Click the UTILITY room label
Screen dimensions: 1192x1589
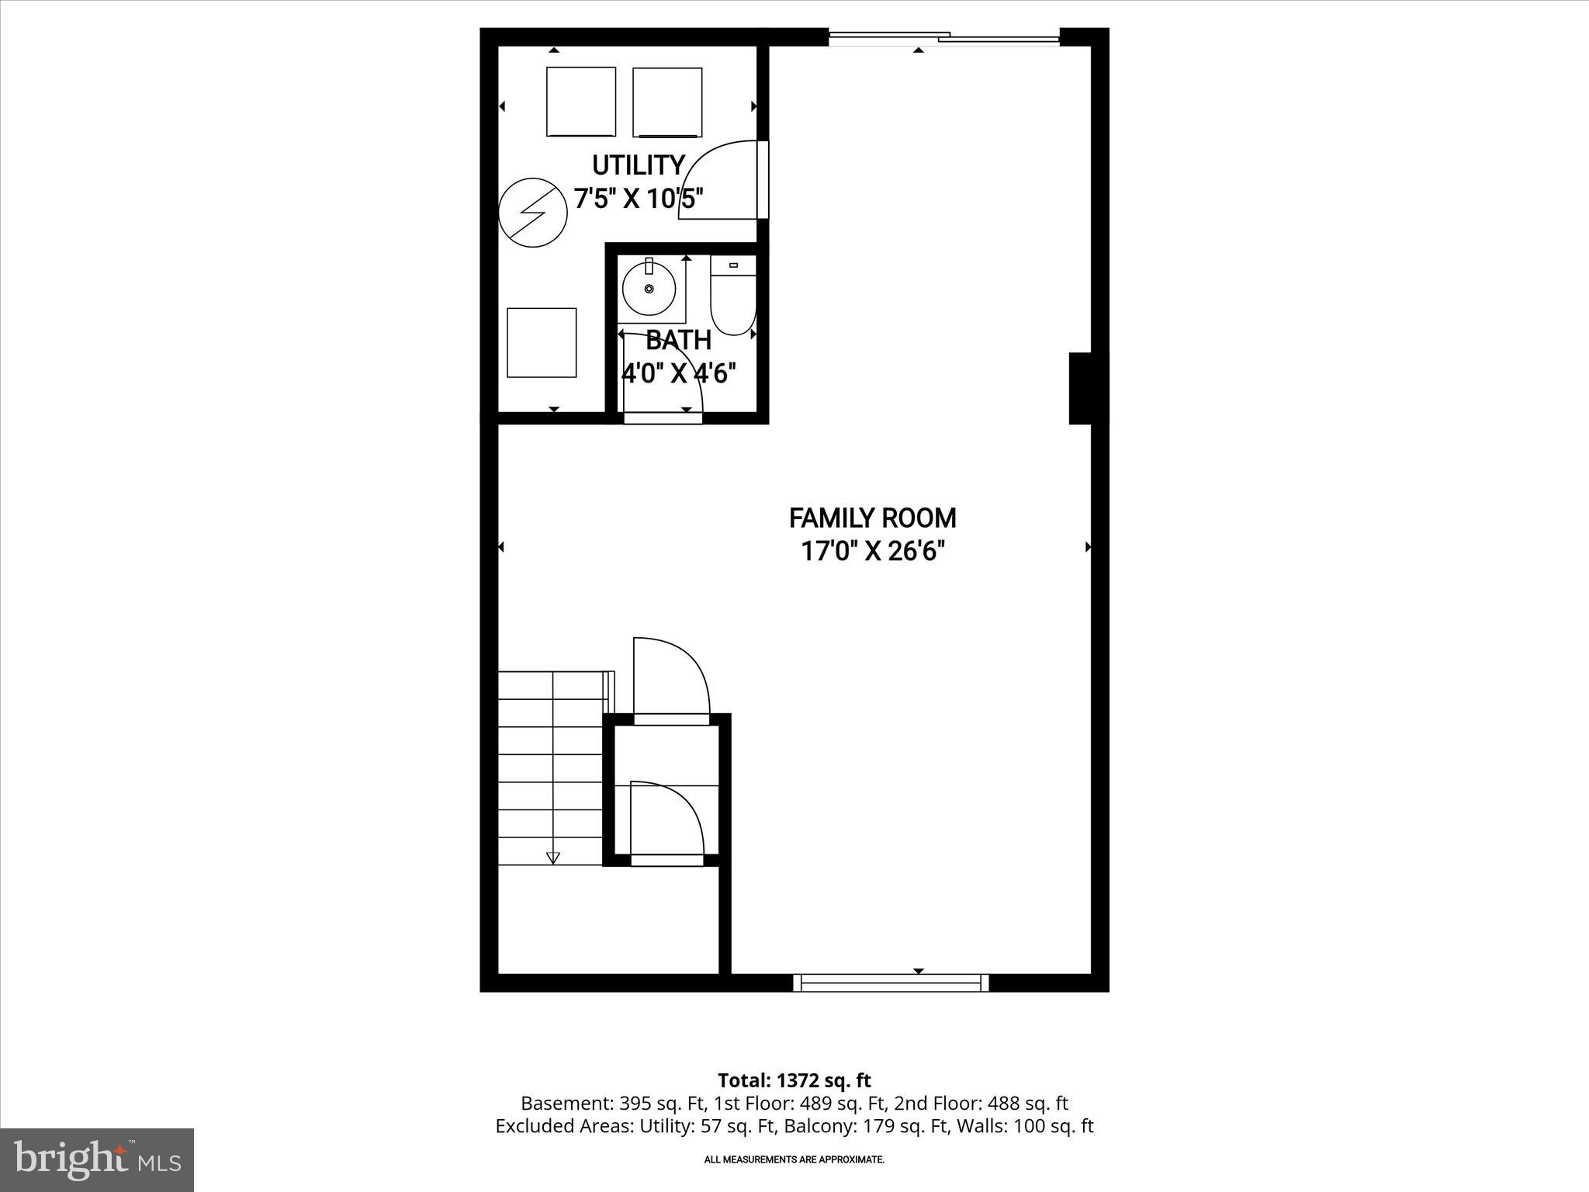(x=638, y=165)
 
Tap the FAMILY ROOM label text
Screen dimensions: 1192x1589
(x=872, y=518)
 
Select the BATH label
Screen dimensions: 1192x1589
(x=678, y=340)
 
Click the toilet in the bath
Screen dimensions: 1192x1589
(x=732, y=296)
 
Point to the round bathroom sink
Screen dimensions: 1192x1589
(x=649, y=289)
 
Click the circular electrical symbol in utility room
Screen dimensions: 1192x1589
(x=532, y=213)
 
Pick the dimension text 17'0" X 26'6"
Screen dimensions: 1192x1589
(x=872, y=552)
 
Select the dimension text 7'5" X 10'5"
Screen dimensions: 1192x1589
(x=638, y=199)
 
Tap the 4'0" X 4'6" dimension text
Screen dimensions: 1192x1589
(x=678, y=373)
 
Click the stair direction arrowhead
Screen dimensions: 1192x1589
(x=552, y=858)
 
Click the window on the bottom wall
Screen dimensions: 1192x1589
(x=891, y=983)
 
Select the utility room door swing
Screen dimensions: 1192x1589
(x=718, y=181)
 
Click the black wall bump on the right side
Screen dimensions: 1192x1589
(x=1088, y=388)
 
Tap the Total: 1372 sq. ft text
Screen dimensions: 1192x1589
(x=794, y=1080)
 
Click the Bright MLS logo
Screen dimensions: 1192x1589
(x=97, y=1159)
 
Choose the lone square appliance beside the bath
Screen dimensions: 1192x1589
(x=542, y=342)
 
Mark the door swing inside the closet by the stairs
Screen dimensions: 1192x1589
(x=666, y=819)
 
